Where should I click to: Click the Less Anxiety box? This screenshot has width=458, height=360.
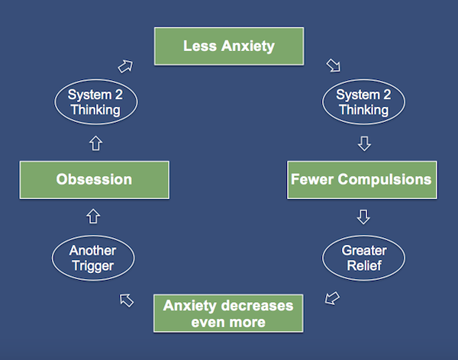[229, 46]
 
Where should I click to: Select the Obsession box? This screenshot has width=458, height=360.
[95, 180]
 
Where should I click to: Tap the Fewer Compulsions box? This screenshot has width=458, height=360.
[362, 180]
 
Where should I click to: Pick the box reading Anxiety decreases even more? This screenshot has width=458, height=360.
[228, 313]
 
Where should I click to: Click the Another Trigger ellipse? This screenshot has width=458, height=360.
[93, 258]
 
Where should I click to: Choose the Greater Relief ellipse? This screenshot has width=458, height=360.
[363, 258]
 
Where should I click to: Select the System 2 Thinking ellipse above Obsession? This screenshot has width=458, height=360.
[96, 102]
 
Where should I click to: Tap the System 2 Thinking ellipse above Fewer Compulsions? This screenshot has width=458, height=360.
[363, 102]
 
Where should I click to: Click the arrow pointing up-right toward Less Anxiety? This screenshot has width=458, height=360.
[125, 66]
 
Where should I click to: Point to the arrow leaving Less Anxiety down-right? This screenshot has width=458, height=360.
[334, 66]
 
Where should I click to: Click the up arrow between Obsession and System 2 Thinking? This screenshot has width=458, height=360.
[96, 143]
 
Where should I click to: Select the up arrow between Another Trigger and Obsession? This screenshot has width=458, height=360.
[93, 216]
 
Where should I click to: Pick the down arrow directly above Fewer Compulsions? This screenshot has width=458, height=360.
[364, 143]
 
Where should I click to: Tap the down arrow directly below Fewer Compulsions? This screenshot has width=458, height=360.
[363, 217]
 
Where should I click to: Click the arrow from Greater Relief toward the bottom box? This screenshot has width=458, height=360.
[332, 298]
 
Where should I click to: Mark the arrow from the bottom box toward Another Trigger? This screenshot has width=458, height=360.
[127, 301]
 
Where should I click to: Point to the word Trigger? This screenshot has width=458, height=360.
[93, 266]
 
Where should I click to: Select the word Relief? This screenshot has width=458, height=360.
[364, 265]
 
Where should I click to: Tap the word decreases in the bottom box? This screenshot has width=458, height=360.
[257, 306]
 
